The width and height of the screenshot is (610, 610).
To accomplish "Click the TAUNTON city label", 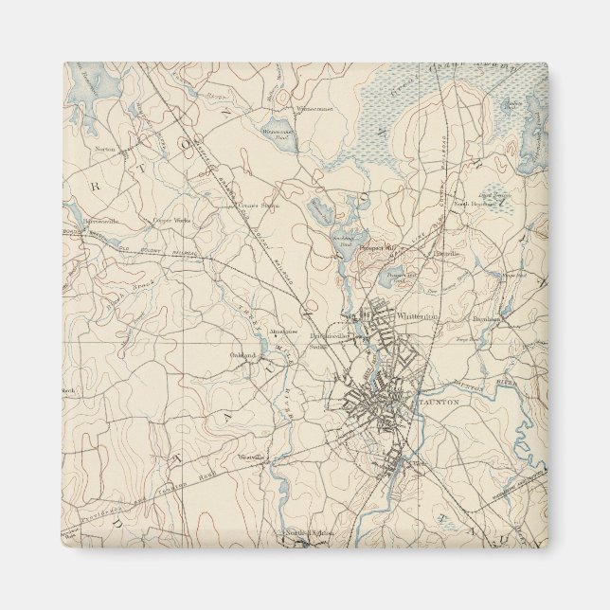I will click(x=438, y=403).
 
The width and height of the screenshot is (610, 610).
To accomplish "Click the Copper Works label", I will click(x=167, y=221).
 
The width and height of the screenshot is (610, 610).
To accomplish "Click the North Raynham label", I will click(x=473, y=203).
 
